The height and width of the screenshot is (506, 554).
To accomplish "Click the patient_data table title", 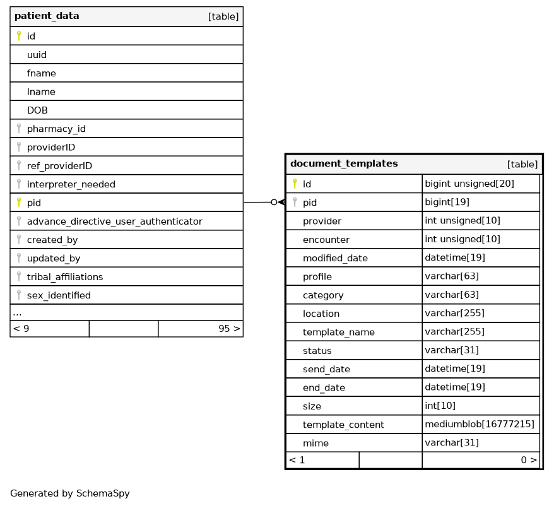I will tap(47, 16).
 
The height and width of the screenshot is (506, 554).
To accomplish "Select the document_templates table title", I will tap(344, 164).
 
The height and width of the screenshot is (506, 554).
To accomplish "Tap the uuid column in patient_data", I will tap(37, 55).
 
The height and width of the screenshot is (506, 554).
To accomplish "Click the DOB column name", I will tap(37, 110).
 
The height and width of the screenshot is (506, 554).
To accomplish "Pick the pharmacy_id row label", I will tap(56, 129).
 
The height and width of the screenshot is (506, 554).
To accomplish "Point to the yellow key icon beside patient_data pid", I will tap(19, 203).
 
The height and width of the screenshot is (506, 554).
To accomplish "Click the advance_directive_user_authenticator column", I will tap(114, 221).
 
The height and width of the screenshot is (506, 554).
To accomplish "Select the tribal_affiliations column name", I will tap(64, 277).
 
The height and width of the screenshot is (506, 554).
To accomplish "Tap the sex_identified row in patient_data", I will tap(59, 295).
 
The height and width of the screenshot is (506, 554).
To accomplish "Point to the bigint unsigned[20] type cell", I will tap(469, 184).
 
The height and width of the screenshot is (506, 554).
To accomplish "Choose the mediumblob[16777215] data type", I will tap(480, 425).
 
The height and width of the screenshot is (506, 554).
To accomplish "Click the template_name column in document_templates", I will tap(338, 332).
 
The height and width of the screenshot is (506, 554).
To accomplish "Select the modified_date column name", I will tap(335, 258).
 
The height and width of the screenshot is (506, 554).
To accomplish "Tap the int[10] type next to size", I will tap(440, 406).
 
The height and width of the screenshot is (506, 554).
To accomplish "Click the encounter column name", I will tap(326, 240).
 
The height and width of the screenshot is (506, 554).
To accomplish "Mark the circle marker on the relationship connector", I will tap(274, 203).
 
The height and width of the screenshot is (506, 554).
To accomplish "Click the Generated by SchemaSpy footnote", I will tap(70, 493).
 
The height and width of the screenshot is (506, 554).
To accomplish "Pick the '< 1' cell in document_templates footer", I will tap(297, 461).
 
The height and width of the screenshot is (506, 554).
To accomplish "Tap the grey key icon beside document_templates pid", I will tap(293, 203).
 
